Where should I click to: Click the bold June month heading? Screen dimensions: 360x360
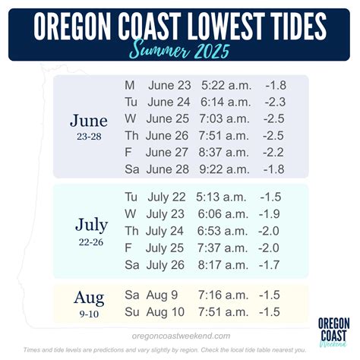(88, 121)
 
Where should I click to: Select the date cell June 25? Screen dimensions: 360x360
(170, 118)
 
